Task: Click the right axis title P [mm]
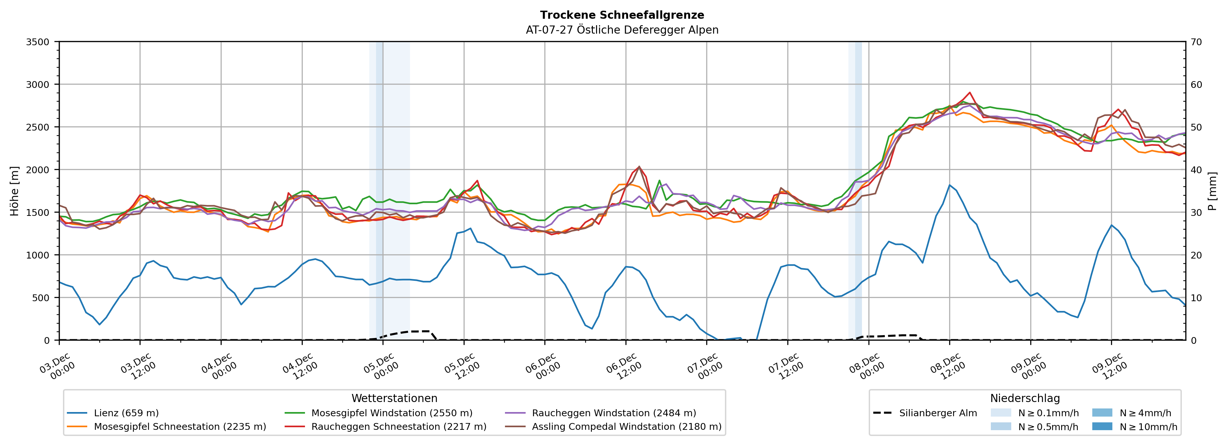click(x=1212, y=191)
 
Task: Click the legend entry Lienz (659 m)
click(x=126, y=413)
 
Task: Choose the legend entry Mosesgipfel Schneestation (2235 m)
click(x=180, y=426)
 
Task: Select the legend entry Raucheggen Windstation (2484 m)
click(x=614, y=413)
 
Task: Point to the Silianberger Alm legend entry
click(x=938, y=413)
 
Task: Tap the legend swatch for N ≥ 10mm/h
click(x=1102, y=426)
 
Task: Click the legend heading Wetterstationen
click(x=394, y=398)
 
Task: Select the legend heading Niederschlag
click(x=1025, y=398)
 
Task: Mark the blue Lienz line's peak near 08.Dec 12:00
click(x=950, y=185)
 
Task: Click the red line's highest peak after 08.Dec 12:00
click(x=970, y=92)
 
